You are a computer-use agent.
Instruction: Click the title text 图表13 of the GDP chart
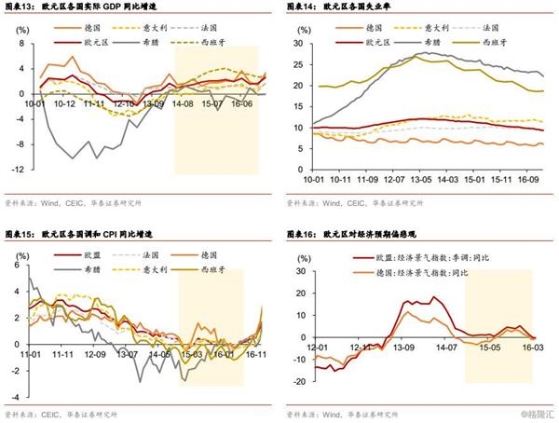click(x=20, y=7)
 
